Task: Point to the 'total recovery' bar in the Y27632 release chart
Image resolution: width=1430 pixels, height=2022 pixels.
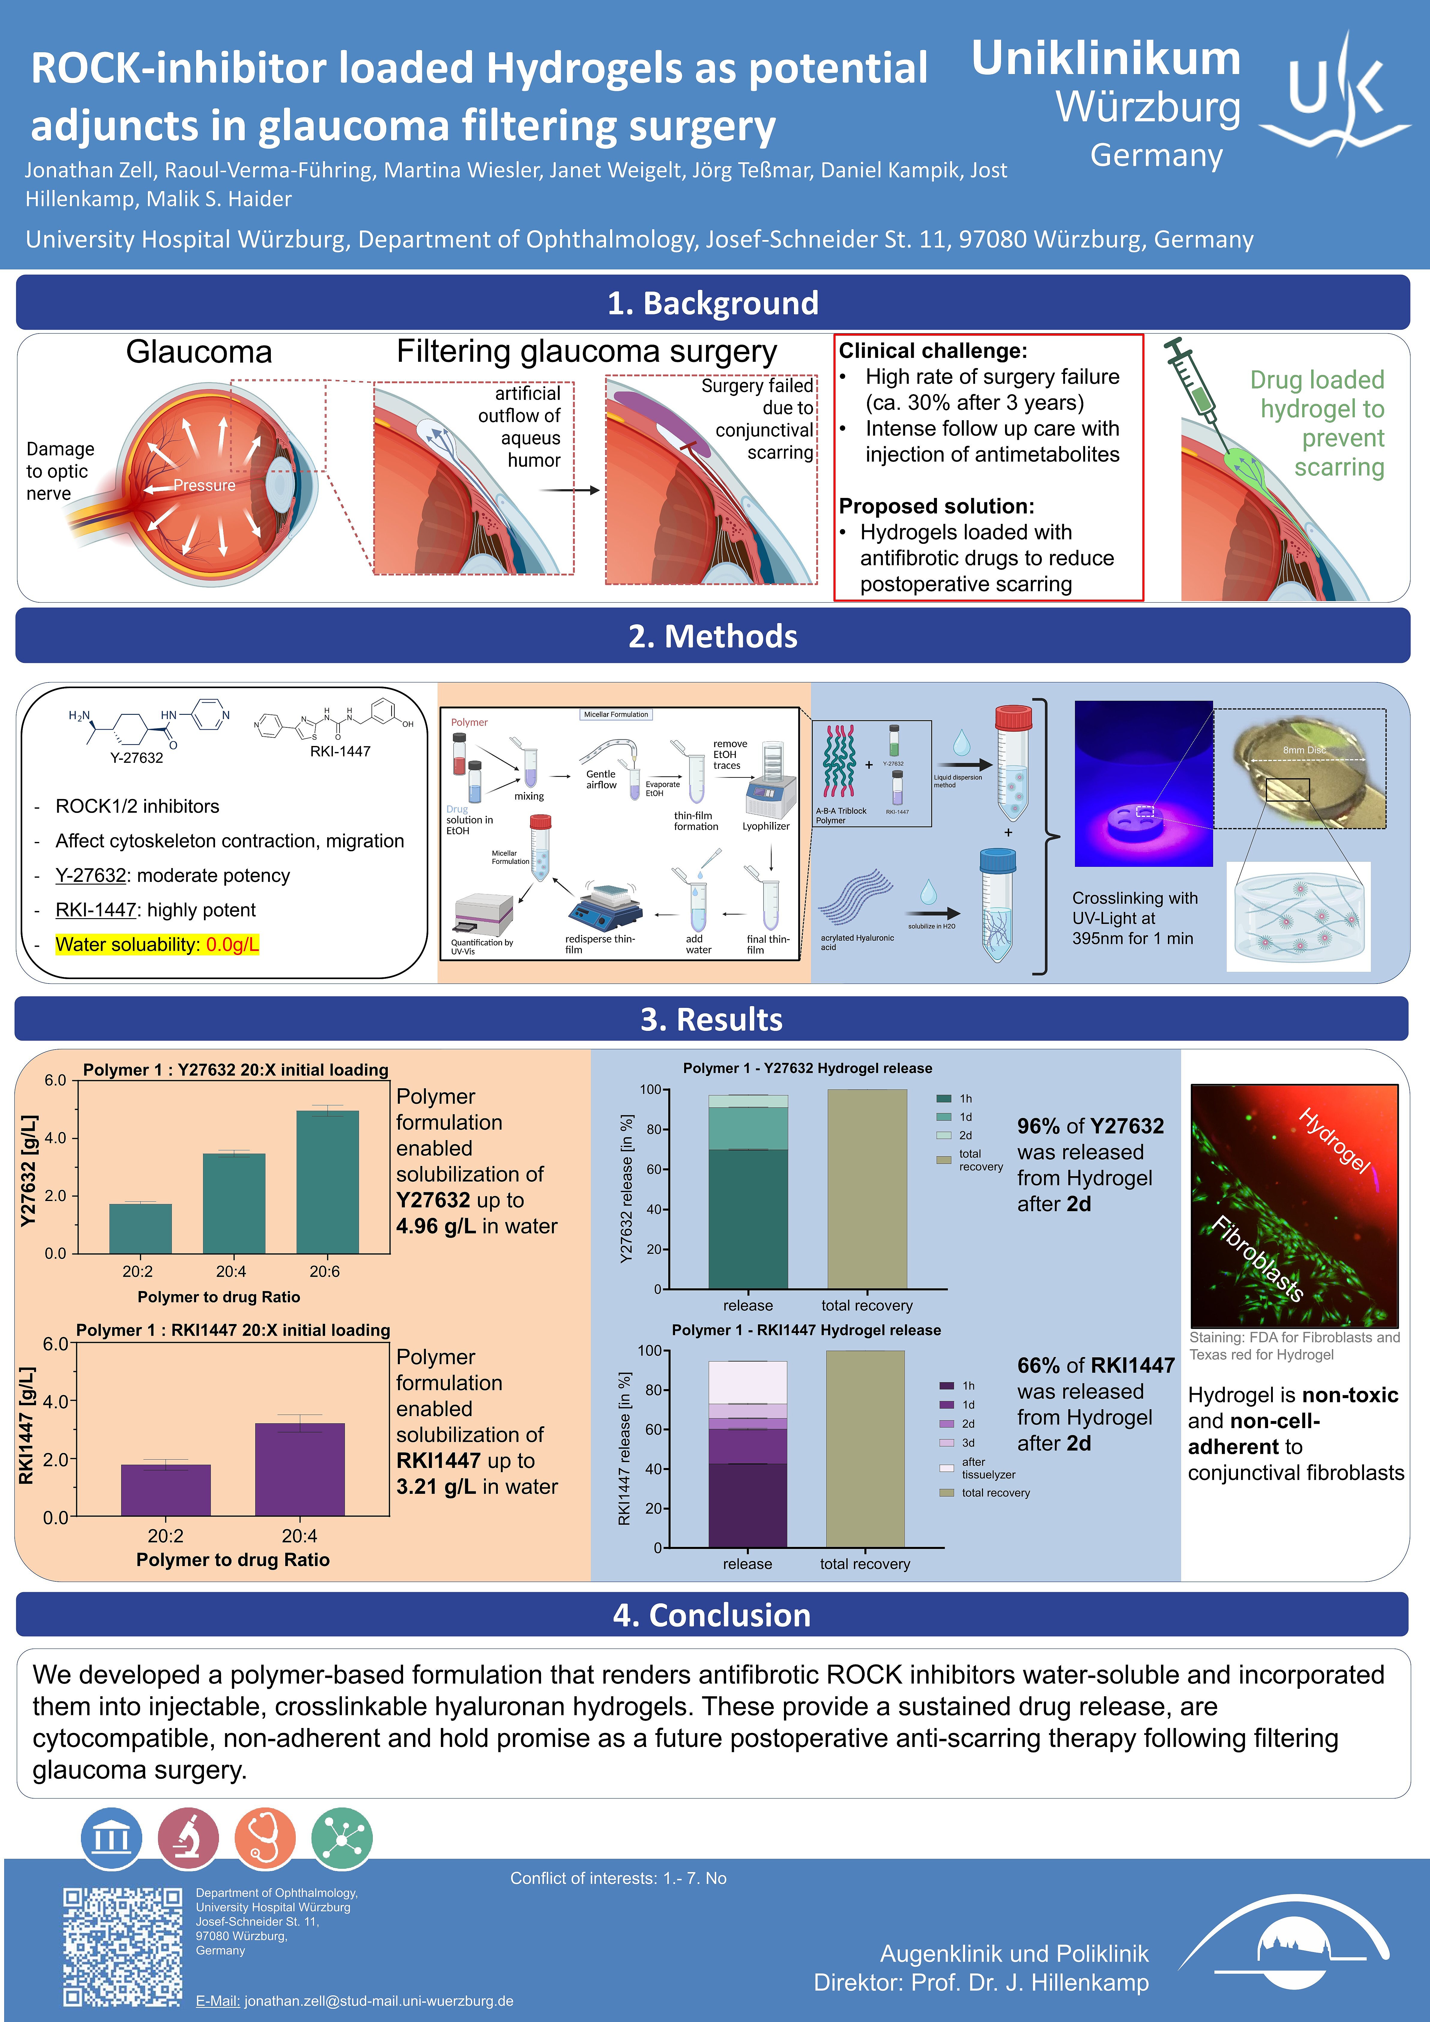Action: [x=866, y=1189]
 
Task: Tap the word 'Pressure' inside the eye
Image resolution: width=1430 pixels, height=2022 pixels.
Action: [x=204, y=485]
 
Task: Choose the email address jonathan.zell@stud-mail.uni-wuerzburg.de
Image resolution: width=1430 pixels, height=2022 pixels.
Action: [x=378, y=2001]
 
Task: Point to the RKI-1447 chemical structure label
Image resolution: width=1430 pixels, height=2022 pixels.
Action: [x=340, y=751]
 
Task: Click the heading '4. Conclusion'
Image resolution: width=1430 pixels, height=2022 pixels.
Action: [x=711, y=1615]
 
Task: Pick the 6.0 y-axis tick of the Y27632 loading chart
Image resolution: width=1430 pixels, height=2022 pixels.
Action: [x=55, y=1080]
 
